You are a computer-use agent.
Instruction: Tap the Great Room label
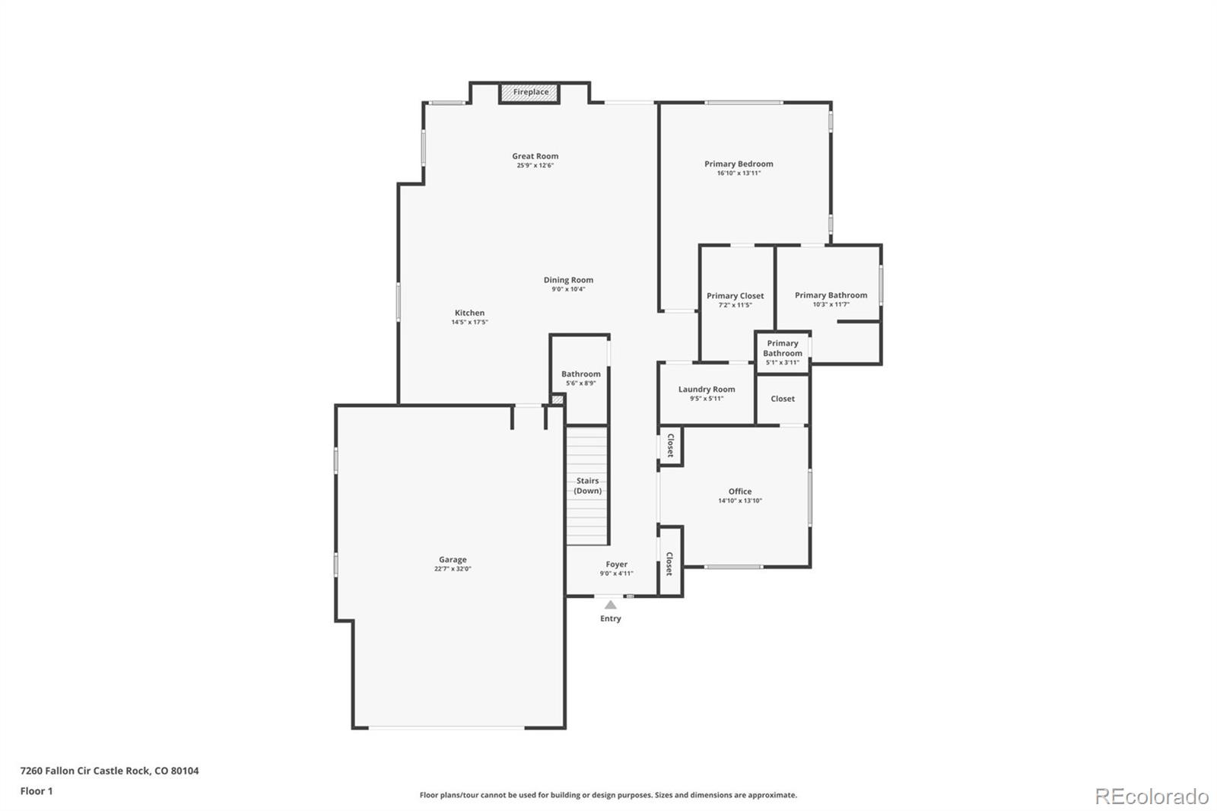point(535,156)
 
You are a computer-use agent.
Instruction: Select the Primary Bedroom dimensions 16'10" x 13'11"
point(739,173)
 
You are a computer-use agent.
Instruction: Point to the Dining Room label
point(568,280)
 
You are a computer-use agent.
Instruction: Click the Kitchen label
point(469,313)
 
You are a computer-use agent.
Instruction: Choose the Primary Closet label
point(735,296)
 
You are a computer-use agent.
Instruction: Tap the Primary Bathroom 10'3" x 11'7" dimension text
point(831,304)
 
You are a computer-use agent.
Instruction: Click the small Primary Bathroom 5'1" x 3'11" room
point(783,352)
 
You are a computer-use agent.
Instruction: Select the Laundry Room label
point(707,390)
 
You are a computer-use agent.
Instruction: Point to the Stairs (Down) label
point(587,485)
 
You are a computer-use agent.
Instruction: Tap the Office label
point(740,491)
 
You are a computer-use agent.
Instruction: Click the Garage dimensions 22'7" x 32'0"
point(453,569)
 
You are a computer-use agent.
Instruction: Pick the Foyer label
point(617,565)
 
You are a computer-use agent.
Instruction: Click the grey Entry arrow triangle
point(611,605)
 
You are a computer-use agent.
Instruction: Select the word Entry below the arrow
point(610,619)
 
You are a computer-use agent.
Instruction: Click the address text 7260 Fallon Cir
point(56,771)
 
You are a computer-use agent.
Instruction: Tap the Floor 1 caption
point(37,791)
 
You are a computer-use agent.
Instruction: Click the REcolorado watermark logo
point(1152,797)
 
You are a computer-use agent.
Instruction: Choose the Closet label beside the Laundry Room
point(783,399)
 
